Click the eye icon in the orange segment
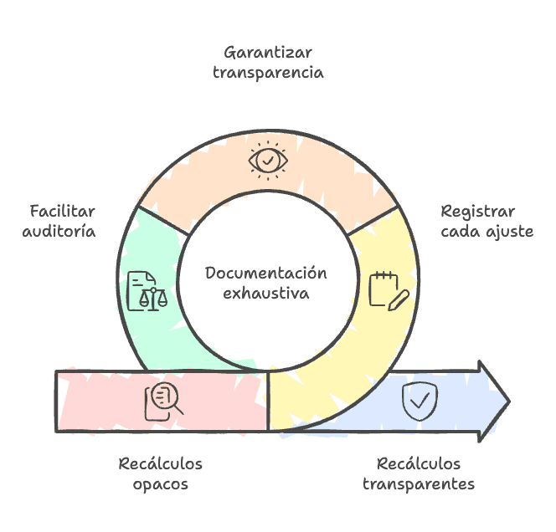[x=267, y=158]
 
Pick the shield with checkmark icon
[x=418, y=401]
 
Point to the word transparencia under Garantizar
[x=267, y=72]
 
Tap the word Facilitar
[x=63, y=210]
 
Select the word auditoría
[x=59, y=230]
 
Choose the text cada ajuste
[x=486, y=231]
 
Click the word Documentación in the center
[x=265, y=274]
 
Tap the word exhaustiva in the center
[x=266, y=294]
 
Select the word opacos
[x=160, y=483]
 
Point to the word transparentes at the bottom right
[x=419, y=483]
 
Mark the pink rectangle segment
[x=100, y=402]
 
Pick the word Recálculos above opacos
[x=160, y=463]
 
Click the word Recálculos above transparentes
[x=419, y=463]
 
